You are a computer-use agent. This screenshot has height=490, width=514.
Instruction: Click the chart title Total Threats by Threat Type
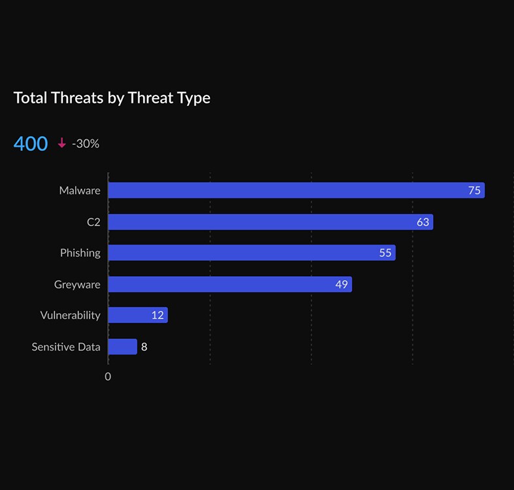[x=112, y=98]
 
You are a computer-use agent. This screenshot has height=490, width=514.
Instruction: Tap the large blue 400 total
[x=31, y=143]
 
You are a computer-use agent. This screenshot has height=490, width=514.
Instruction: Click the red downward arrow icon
[x=62, y=143]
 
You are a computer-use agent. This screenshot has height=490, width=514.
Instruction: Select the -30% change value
[x=86, y=143]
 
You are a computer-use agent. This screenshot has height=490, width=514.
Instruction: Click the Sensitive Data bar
[x=122, y=347]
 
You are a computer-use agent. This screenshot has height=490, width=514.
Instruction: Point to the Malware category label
[x=80, y=190]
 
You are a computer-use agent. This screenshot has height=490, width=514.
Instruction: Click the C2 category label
[x=94, y=222]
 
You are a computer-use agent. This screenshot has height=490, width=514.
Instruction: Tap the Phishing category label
[x=80, y=253]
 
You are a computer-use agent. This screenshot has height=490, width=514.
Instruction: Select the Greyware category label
[x=77, y=284]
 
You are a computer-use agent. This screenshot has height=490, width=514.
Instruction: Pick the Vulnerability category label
[x=70, y=315]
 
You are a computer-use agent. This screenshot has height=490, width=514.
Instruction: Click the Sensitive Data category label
[x=66, y=347]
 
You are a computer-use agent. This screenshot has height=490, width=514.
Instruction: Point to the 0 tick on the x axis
[x=108, y=376]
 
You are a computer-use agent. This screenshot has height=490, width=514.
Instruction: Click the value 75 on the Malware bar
[x=474, y=190]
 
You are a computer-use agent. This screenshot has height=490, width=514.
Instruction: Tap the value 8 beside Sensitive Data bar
[x=144, y=347]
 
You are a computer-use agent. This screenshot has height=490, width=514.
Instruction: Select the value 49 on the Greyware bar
[x=341, y=284]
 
